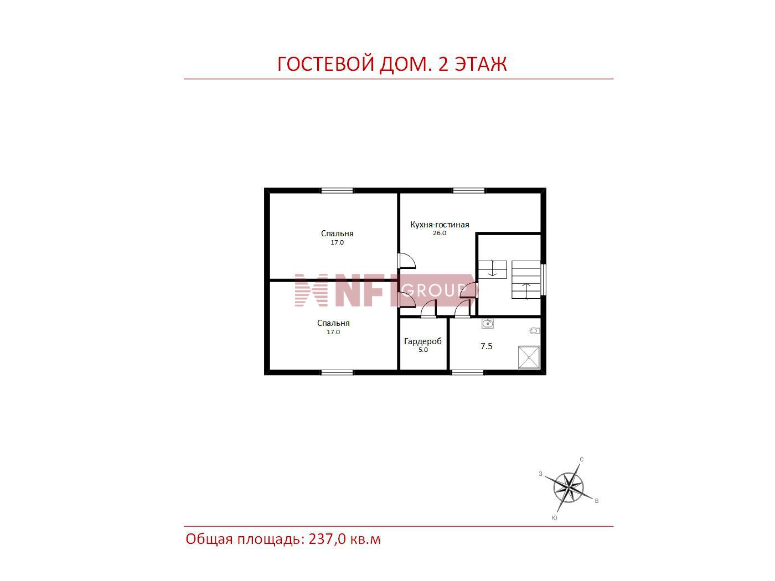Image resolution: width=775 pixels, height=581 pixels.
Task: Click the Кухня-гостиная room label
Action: tap(439, 225)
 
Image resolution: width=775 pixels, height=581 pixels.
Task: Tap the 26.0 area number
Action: tap(440, 233)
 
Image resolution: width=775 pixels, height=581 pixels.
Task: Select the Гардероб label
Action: tap(422, 341)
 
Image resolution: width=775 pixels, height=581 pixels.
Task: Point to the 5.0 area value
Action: tap(423, 350)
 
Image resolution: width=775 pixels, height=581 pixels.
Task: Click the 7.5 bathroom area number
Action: tap(486, 346)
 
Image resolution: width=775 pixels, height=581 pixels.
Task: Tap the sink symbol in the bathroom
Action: tap(488, 324)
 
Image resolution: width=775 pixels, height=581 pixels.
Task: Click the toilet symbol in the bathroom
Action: tap(535, 331)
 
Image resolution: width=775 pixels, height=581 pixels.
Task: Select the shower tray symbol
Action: tap(529, 357)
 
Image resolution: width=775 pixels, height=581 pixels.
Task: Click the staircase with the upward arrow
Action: tap(526, 280)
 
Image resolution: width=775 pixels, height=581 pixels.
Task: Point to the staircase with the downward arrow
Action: tap(492, 270)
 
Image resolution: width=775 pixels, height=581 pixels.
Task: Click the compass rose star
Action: tap(569, 488)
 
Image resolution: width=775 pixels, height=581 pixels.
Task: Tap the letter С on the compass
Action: tap(581, 460)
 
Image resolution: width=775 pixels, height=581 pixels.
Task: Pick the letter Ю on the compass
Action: tap(554, 518)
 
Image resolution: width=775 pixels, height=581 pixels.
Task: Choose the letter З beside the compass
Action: tap(540, 474)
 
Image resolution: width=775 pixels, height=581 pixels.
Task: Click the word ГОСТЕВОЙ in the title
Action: tap(325, 64)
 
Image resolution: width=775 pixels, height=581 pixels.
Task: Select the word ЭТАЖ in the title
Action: tap(480, 64)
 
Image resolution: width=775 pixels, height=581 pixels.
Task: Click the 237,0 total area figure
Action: tap(327, 539)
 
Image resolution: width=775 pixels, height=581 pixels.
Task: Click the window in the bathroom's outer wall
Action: tap(467, 372)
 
